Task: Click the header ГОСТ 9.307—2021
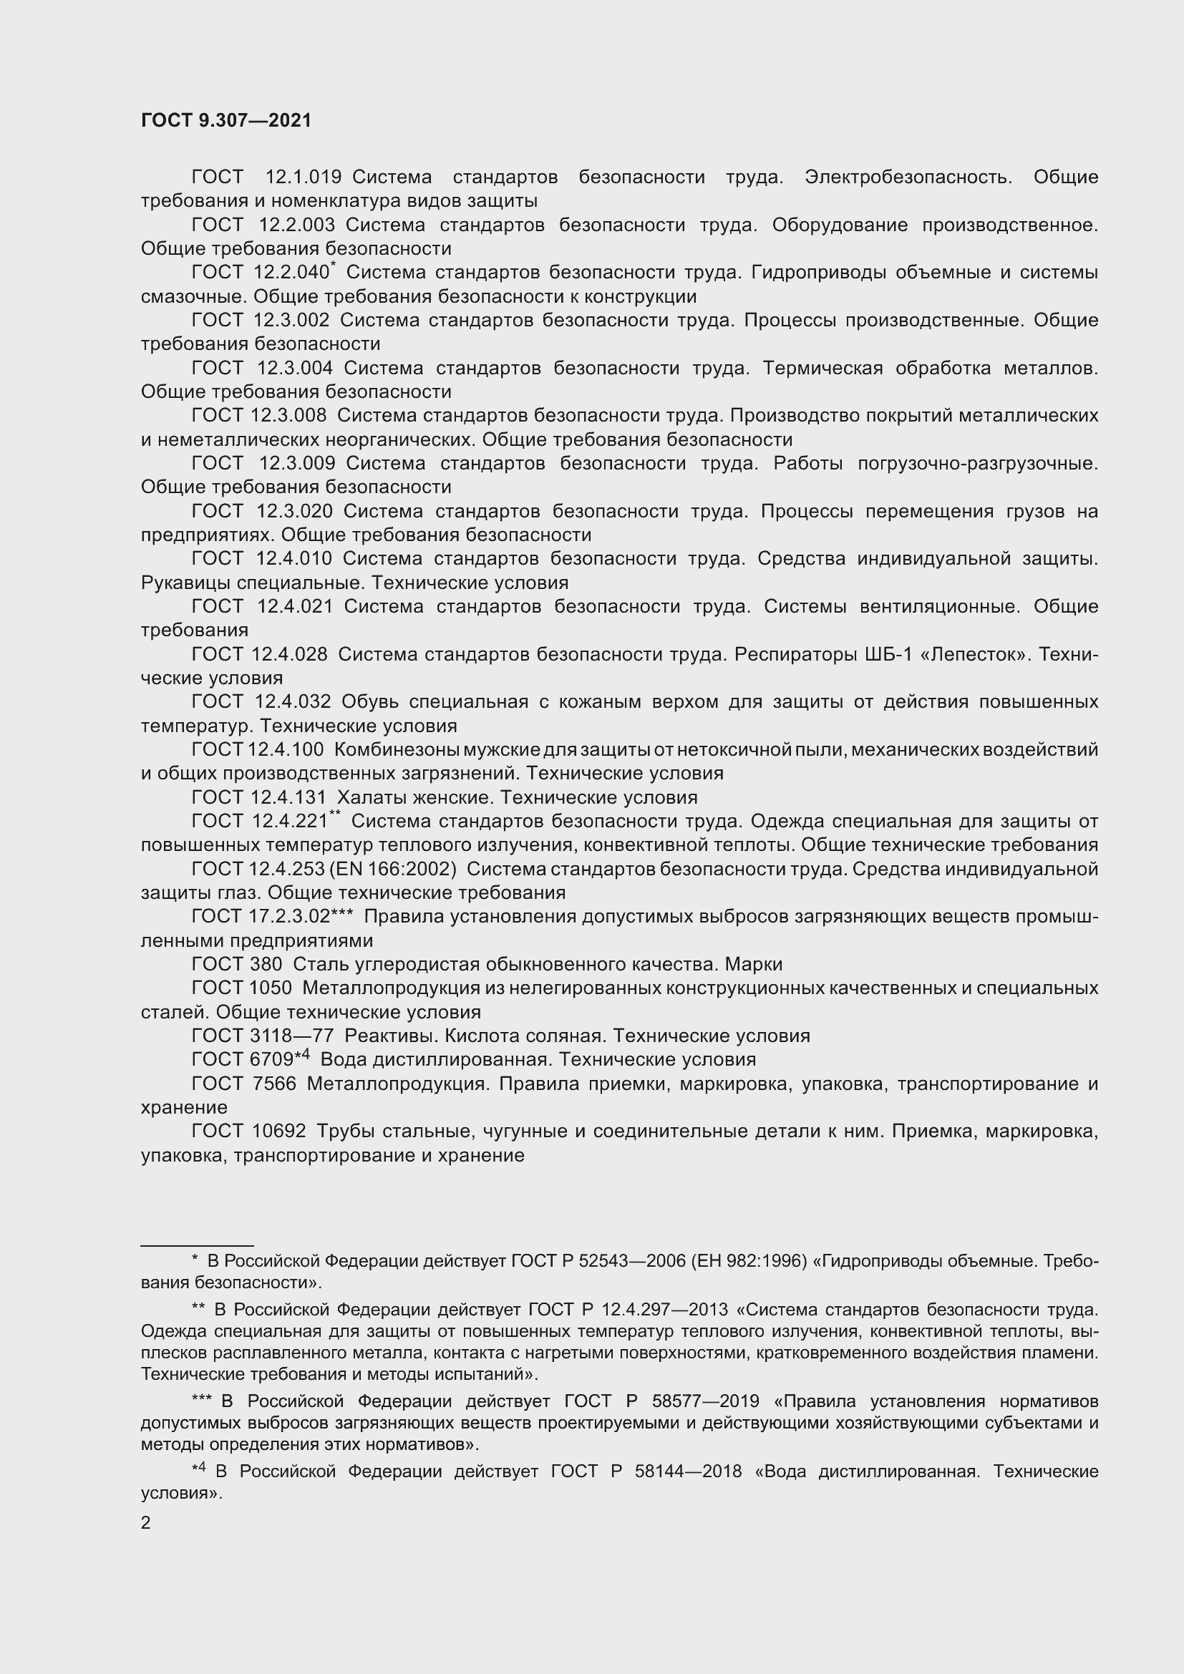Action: click(226, 121)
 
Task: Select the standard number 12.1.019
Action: click(304, 177)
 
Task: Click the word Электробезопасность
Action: click(908, 177)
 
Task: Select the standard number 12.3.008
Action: click(288, 416)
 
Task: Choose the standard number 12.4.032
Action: click(293, 702)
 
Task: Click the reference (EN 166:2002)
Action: click(393, 869)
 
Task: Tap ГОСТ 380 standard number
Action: click(266, 965)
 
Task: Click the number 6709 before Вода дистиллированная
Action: click(271, 1060)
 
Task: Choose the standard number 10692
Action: click(278, 1132)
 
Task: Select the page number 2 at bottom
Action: click(146, 1522)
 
